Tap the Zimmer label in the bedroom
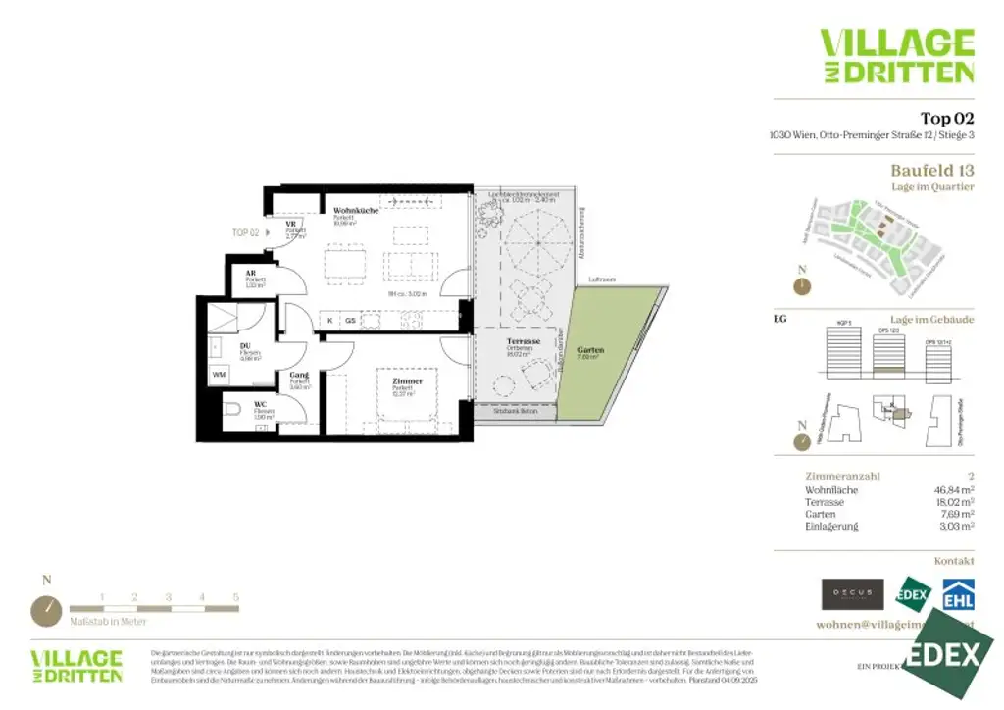click(407, 381)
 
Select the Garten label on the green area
click(590, 350)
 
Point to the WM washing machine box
click(219, 375)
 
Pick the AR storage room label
click(252, 274)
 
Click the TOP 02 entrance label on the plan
click(245, 232)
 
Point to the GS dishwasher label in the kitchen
click(350, 320)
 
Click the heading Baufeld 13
click(931, 171)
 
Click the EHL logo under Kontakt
click(957, 594)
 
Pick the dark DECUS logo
click(853, 594)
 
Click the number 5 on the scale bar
click(235, 596)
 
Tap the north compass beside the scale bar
click(45, 610)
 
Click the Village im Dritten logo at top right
click(896, 56)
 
